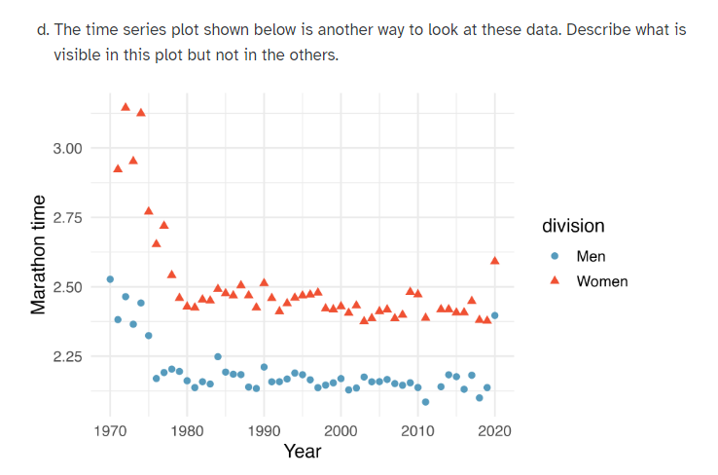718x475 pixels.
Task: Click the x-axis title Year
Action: (x=302, y=451)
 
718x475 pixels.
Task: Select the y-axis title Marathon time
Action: (x=39, y=254)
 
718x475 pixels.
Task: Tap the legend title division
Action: (x=573, y=226)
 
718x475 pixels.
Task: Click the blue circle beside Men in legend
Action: (x=555, y=257)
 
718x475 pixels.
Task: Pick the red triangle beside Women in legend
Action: (x=555, y=281)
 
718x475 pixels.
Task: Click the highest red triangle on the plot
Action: (x=126, y=106)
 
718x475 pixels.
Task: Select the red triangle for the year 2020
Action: (x=494, y=260)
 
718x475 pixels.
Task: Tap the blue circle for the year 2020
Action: (x=494, y=315)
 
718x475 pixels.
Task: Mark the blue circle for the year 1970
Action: (x=110, y=279)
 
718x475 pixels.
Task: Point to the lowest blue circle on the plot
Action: (x=425, y=401)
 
